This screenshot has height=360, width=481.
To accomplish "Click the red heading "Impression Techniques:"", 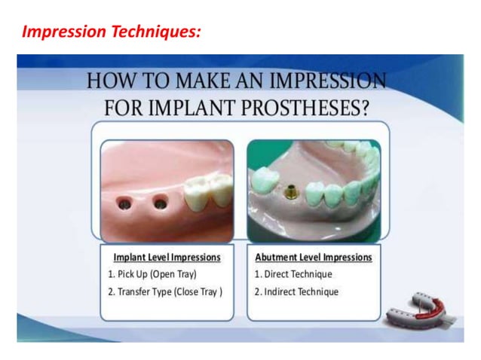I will pos(111,32).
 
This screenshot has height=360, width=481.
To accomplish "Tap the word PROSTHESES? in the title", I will pos(313,107).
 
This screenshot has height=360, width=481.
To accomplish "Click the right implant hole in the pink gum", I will pos(160,202).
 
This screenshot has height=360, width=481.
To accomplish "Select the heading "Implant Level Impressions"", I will pos(167,257).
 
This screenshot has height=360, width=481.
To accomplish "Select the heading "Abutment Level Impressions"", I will pos(314,257).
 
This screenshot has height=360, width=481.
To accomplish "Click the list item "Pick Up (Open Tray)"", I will pos(156,274).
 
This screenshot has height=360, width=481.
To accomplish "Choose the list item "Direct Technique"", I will pos(298,274).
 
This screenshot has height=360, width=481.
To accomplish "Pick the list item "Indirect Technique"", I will pos(301,292).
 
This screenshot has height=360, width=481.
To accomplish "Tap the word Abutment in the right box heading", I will pos(278,257).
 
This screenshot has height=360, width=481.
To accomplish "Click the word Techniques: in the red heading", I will pos(158,32).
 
